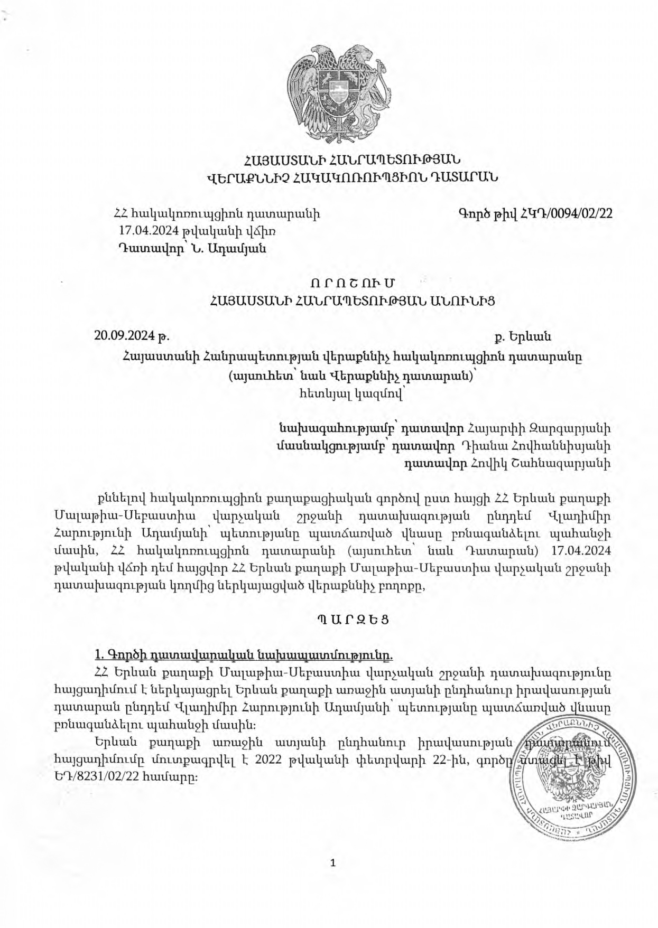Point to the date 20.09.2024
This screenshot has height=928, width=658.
(x=125, y=336)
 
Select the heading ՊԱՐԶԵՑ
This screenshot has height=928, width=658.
(x=353, y=620)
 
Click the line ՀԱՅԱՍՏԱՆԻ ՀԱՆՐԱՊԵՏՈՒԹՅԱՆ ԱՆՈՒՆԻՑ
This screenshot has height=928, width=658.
(x=352, y=301)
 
